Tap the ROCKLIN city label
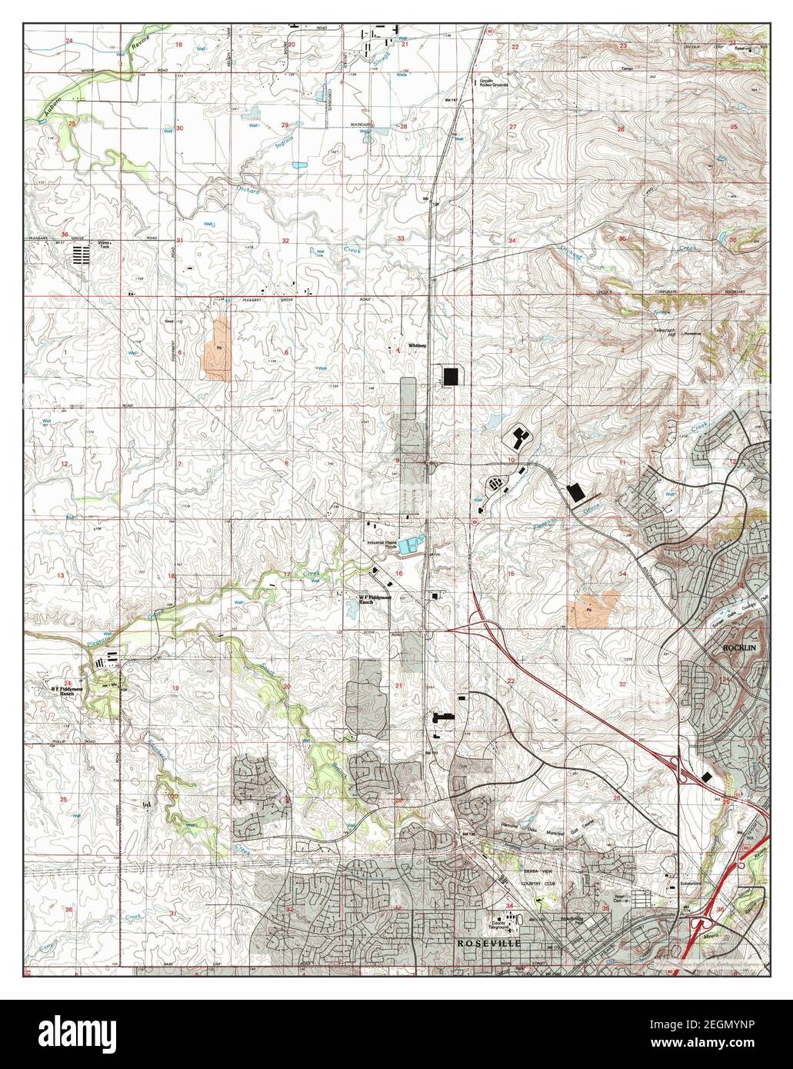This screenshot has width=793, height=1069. (741, 648)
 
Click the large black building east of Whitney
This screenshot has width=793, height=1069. (450, 376)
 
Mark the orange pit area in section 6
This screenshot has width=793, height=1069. (218, 350)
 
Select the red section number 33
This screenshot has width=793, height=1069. (401, 238)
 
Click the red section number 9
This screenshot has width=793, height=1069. (398, 461)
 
